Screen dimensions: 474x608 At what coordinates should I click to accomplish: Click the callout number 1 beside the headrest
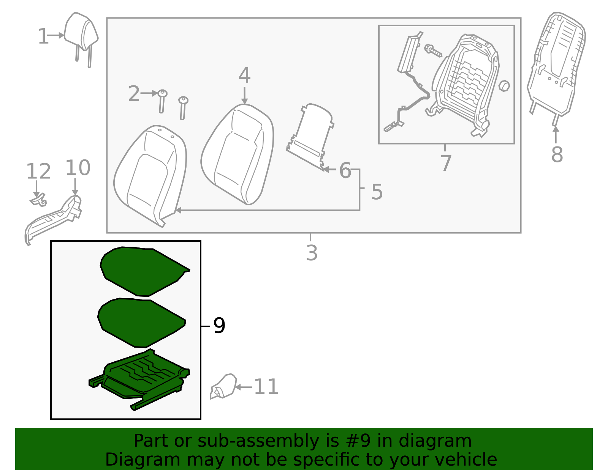[43, 37]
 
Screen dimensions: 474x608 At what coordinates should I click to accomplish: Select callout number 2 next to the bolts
[134, 94]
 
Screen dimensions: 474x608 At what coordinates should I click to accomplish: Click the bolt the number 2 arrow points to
[162, 101]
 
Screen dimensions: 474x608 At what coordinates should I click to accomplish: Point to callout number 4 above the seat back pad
[244, 76]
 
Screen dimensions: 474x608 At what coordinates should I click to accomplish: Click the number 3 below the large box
[312, 253]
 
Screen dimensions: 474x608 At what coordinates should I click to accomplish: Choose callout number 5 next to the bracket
[377, 192]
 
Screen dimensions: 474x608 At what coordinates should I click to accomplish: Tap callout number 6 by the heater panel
[345, 170]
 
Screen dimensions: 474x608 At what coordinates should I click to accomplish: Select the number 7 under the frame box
[446, 163]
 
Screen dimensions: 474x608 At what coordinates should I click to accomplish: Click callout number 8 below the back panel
[557, 155]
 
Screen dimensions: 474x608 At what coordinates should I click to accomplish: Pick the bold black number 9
[219, 326]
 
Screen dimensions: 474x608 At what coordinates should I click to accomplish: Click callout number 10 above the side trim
[78, 168]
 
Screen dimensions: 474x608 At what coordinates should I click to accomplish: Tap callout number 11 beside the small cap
[266, 387]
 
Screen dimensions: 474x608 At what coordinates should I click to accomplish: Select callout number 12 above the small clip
[38, 172]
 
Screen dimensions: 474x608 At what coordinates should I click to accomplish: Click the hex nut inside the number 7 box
[504, 86]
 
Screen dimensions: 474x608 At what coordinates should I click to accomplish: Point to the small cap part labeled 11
[224, 386]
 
